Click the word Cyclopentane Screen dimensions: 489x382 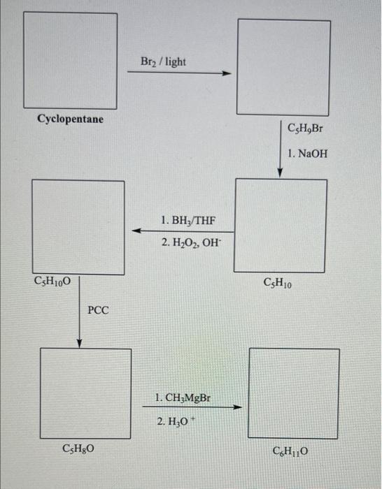[70, 119]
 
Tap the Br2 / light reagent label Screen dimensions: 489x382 [163, 61]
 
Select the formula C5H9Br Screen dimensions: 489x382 [306, 129]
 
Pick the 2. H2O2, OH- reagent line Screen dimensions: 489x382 [190, 242]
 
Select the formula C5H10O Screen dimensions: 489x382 [52, 281]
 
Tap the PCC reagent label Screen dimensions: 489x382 [98, 310]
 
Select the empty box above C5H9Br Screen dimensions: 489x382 [283, 67]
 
